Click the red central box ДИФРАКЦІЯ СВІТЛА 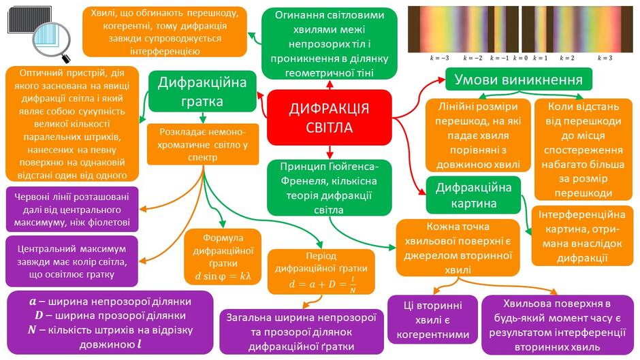click(x=330, y=118)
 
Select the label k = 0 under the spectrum click(x=520, y=58)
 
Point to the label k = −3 click(x=439, y=58)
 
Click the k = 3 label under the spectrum click(x=605, y=58)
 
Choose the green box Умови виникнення click(x=518, y=79)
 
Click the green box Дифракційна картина click(x=473, y=195)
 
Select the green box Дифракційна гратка click(x=202, y=91)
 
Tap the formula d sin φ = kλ click(x=223, y=276)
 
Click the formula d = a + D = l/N click(x=322, y=284)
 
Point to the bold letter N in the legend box click(x=32, y=330)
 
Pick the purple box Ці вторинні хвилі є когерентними click(x=432, y=320)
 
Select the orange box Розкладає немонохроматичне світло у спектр click(x=203, y=144)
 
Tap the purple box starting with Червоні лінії click(x=72, y=210)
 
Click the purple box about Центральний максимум click(x=72, y=261)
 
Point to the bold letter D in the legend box click(x=39, y=316)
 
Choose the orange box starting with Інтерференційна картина click(x=582, y=236)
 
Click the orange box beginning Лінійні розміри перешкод click(x=478, y=135)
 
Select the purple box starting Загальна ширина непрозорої click(x=302, y=332)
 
